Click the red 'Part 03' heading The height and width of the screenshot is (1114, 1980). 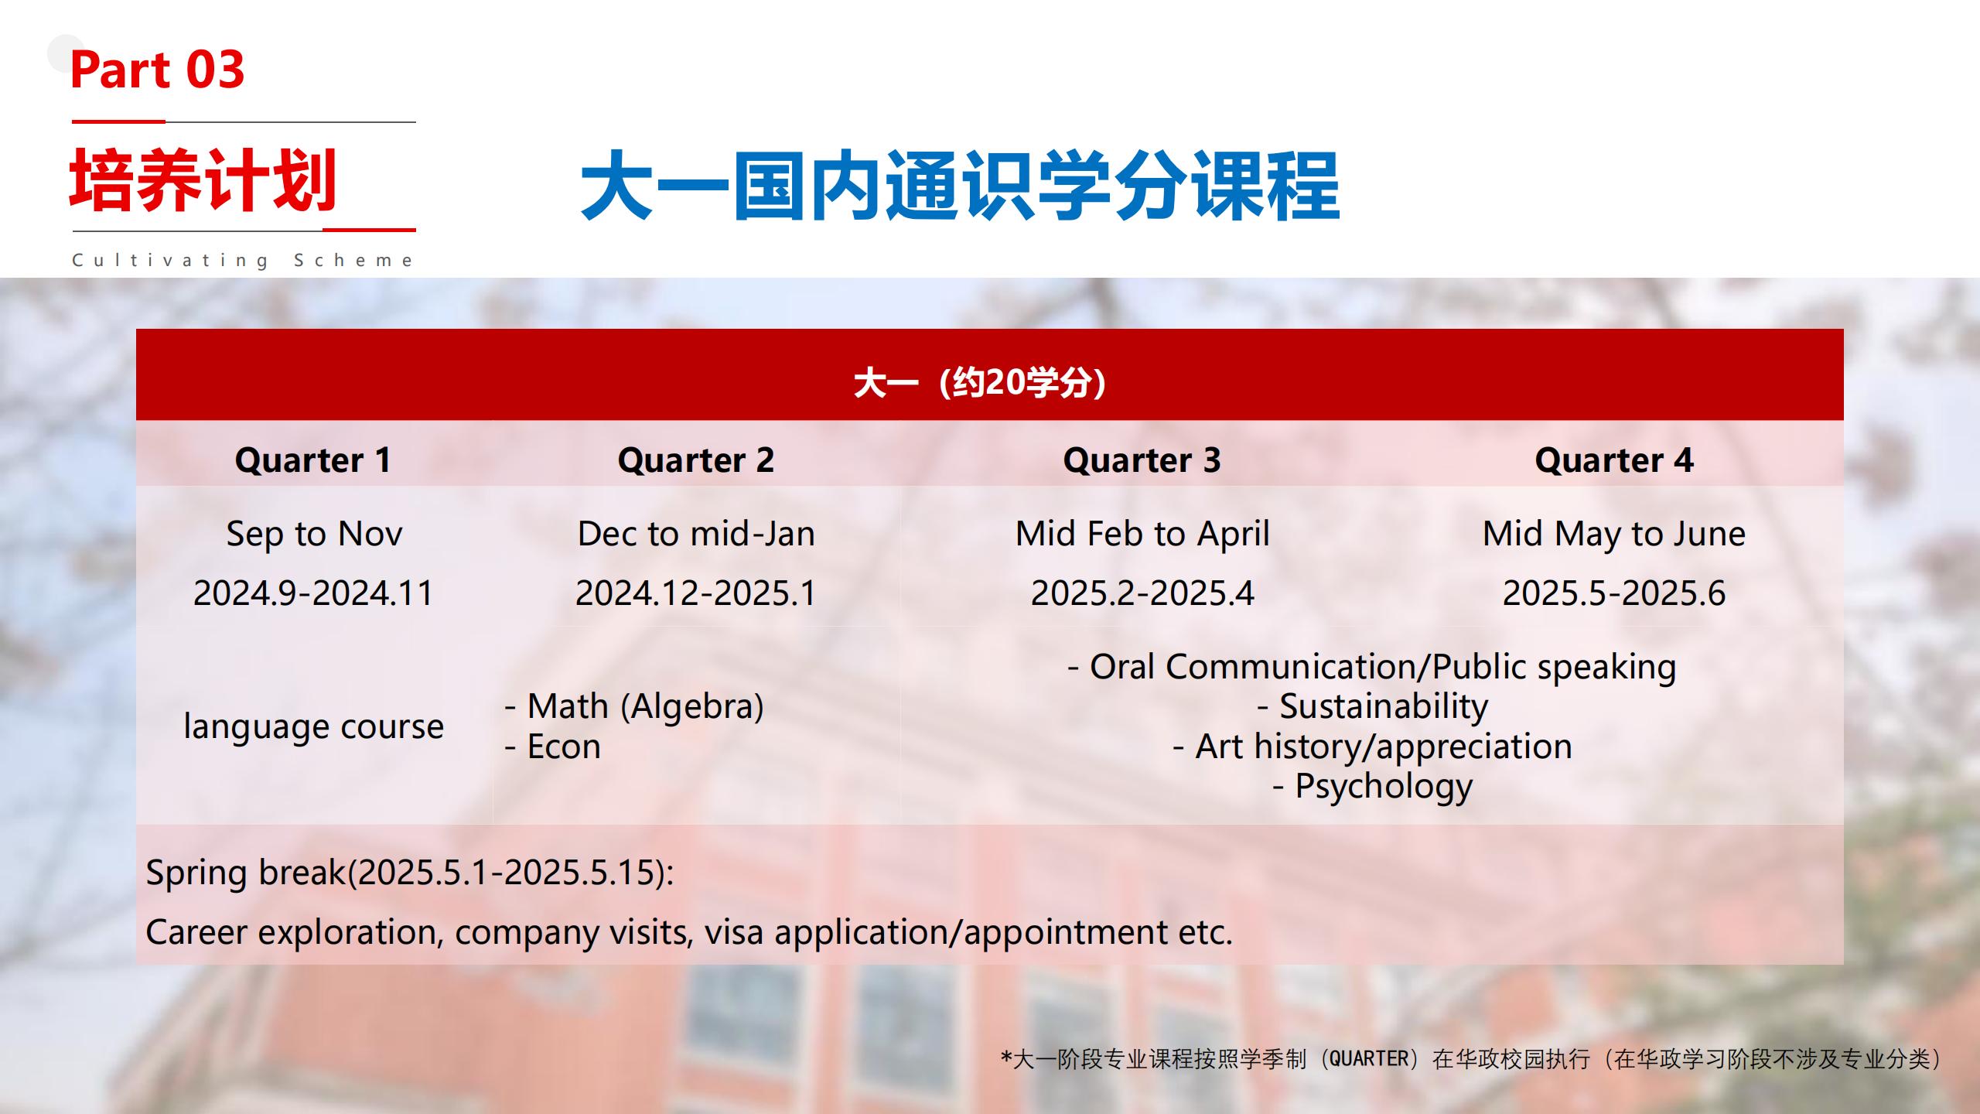(157, 70)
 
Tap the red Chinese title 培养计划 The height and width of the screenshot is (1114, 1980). (203, 179)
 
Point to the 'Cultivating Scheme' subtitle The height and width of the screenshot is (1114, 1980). (243, 261)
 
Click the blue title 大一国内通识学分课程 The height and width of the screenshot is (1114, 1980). (960, 185)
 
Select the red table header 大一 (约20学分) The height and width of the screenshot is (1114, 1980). (981, 382)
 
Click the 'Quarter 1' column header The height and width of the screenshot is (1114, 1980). (313, 460)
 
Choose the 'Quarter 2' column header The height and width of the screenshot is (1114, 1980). (695, 460)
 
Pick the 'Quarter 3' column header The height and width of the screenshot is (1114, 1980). (1142, 460)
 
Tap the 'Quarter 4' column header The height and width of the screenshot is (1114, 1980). (1614, 460)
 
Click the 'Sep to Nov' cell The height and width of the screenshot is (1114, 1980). (314, 534)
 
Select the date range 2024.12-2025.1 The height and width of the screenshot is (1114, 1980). (695, 593)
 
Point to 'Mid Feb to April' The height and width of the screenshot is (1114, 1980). (1142, 534)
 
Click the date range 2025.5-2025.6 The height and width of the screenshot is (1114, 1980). (1614, 593)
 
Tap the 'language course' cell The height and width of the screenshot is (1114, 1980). (314, 727)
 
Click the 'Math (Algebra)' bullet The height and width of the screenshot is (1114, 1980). (634, 706)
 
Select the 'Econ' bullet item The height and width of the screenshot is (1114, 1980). (552, 747)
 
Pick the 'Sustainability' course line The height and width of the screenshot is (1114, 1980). (1373, 706)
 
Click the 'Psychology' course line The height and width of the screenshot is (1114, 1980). (1373, 787)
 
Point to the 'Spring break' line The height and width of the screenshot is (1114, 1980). (410, 873)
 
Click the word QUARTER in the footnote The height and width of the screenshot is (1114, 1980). (1369, 1058)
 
